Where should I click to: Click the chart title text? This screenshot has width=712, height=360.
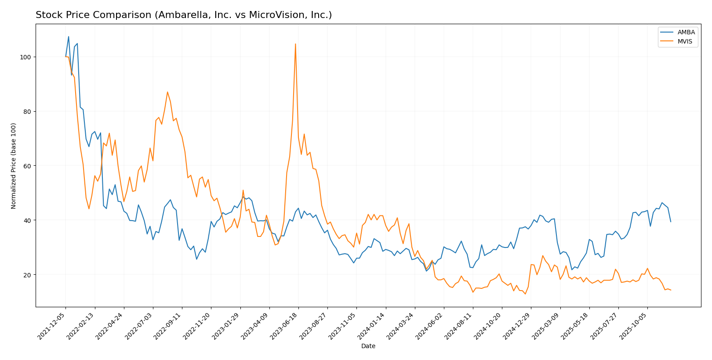click(184, 15)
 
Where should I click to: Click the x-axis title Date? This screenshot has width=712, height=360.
click(368, 346)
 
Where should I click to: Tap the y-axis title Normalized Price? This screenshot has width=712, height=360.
click(14, 166)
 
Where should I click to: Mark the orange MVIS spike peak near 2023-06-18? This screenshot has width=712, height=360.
click(295, 44)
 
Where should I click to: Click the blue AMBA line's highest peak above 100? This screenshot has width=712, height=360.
click(69, 36)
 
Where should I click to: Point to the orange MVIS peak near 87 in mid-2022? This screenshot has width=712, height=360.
click(167, 92)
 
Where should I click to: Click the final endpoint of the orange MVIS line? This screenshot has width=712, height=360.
click(671, 290)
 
